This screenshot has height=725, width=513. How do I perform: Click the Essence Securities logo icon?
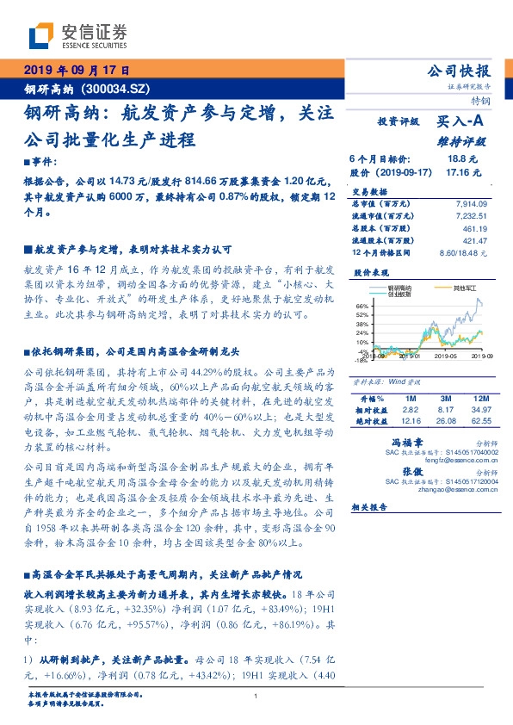coord(41,37)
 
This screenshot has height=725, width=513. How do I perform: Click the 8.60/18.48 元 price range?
coord(463,252)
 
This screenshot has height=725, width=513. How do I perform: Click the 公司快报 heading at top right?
coord(460,71)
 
